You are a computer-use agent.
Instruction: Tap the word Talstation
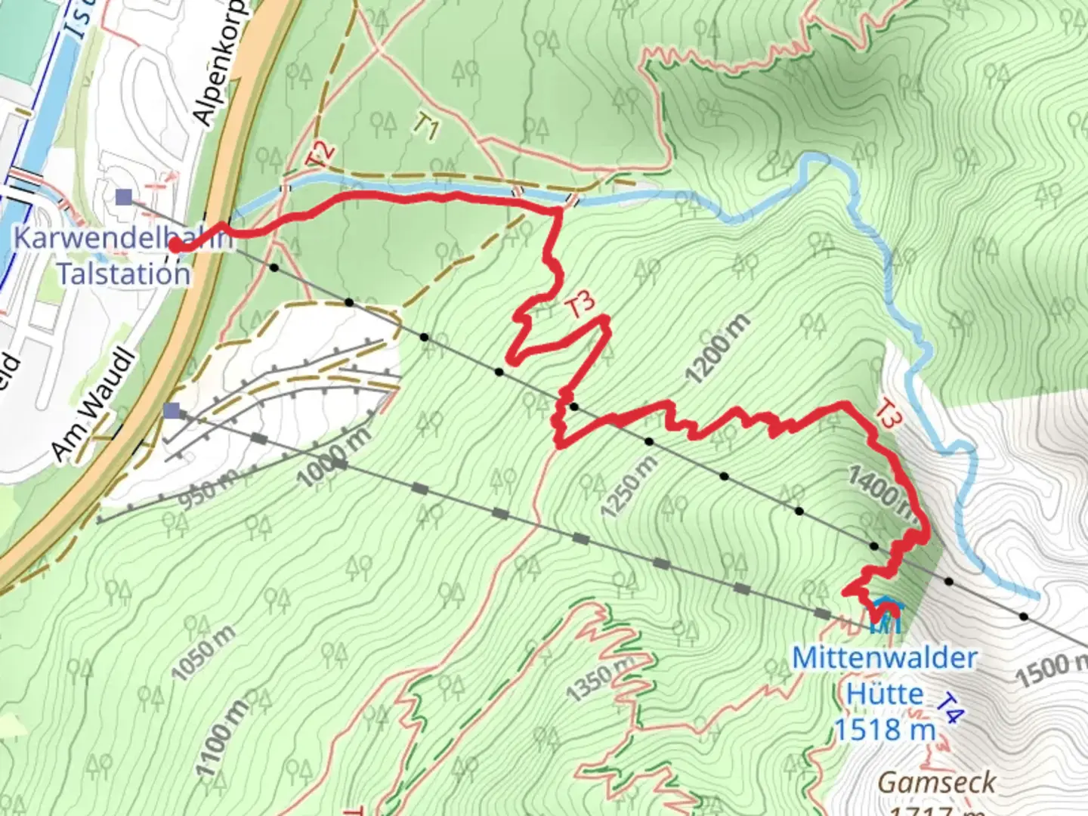[123, 273]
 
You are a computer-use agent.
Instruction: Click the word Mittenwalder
[884, 658]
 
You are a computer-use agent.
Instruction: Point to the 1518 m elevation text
[885, 730]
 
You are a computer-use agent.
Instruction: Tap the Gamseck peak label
[937, 782]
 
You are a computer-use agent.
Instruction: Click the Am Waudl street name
[93, 407]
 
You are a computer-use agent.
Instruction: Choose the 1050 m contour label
[202, 653]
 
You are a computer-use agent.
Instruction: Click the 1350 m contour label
[601, 679]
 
